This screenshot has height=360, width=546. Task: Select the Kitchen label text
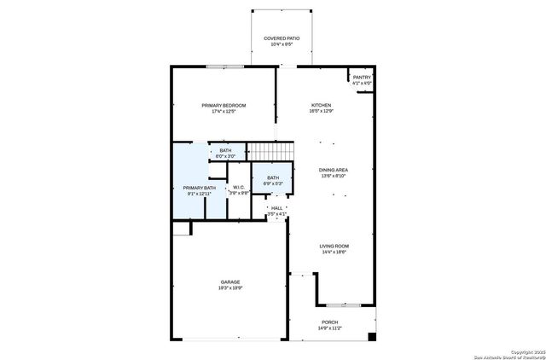[x=321, y=105]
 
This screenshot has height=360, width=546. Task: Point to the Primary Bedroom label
[x=224, y=105]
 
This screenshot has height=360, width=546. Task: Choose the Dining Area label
[x=334, y=170]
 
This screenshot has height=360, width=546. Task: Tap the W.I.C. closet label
[x=239, y=189]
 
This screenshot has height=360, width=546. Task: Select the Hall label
[x=276, y=207]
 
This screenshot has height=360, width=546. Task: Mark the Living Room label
[x=334, y=247]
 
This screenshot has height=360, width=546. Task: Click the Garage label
[x=230, y=282]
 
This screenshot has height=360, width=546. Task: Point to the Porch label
[x=329, y=322]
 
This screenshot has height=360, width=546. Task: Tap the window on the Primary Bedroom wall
[x=225, y=67]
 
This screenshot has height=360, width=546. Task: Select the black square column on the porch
[x=371, y=336]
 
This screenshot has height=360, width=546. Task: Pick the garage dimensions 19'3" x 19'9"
[x=230, y=288]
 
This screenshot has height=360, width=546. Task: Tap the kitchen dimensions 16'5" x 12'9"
[x=321, y=111]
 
